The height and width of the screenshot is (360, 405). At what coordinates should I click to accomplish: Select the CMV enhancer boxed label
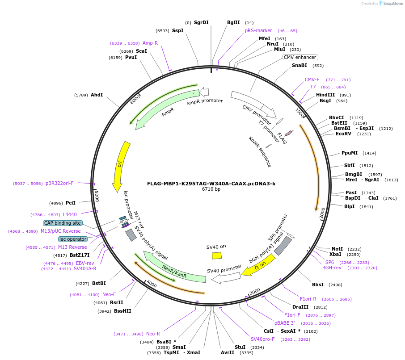pos(300,57)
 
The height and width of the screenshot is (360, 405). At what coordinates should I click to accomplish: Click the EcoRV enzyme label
pos(344,134)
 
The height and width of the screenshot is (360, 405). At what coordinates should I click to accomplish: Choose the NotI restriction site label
pos(337,249)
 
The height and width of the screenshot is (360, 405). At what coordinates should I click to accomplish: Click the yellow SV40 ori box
pos(217,255)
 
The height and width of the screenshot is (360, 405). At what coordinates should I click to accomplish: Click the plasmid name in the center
pos(211,184)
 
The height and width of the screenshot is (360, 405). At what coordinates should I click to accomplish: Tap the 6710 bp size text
pos(211,189)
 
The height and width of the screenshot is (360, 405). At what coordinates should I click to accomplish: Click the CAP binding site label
pos(63,223)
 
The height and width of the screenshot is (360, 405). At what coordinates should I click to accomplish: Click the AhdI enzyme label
pos(97,95)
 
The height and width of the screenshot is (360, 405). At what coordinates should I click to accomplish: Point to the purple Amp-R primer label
pos(150,43)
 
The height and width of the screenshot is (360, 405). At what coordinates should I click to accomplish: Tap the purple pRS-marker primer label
pos(258,30)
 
